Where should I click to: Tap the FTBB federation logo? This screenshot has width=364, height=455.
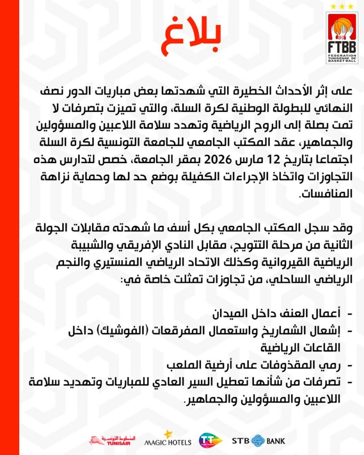(x=342, y=38)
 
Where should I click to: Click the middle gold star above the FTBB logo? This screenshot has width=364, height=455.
(x=342, y=6)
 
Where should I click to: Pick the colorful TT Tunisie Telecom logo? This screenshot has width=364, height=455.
(x=210, y=440)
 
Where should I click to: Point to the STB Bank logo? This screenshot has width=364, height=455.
(x=258, y=441)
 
